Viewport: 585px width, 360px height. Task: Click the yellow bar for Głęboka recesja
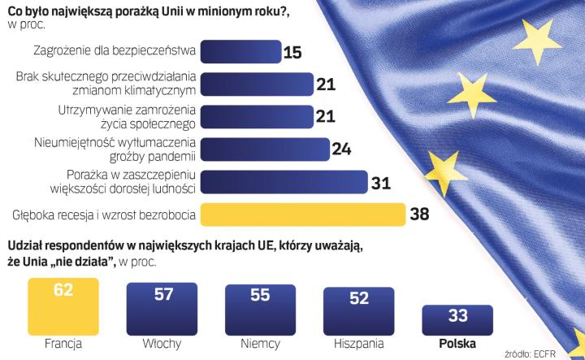[x=302, y=215]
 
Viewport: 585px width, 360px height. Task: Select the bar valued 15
[x=240, y=53]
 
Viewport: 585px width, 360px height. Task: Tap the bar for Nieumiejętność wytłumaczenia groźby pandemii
[x=264, y=149]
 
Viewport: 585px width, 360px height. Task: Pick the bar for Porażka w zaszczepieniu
[x=281, y=181]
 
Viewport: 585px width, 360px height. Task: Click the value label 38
[x=420, y=215]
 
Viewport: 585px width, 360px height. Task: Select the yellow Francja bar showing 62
[x=63, y=303]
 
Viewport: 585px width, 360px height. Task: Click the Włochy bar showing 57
[x=161, y=307]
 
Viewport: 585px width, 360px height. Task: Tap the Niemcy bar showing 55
[x=260, y=309]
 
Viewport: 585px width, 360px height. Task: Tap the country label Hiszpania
[x=357, y=344]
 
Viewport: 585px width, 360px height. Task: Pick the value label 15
[x=293, y=53]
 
